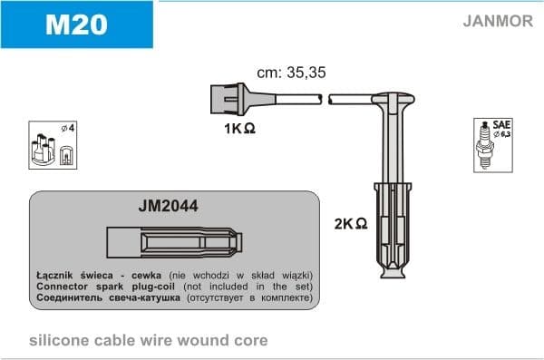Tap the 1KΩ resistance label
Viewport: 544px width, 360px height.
coord(239,129)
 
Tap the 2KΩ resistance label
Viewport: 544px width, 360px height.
coord(350,223)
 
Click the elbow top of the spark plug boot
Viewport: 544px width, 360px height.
coord(395,99)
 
